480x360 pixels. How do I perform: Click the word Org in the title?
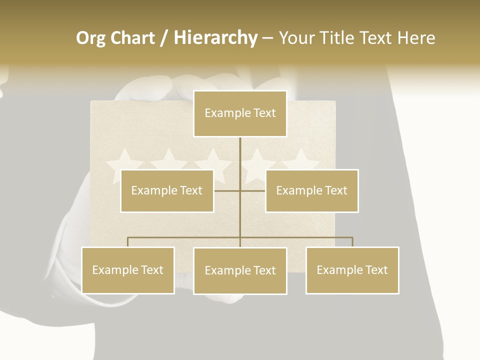pos(91,38)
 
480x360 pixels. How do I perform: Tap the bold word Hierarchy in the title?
pos(215,38)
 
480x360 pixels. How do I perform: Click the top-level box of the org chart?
pos(240,113)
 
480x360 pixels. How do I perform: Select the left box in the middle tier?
pos(167,190)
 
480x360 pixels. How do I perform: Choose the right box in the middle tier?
pos(311,190)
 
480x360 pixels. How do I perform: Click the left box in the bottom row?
pos(128,270)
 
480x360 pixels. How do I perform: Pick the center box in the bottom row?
pos(240,270)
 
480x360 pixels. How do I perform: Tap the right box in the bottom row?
pos(352,270)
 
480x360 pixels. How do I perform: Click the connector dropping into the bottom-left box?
pos(128,242)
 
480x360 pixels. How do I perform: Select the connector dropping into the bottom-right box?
pos(352,242)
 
